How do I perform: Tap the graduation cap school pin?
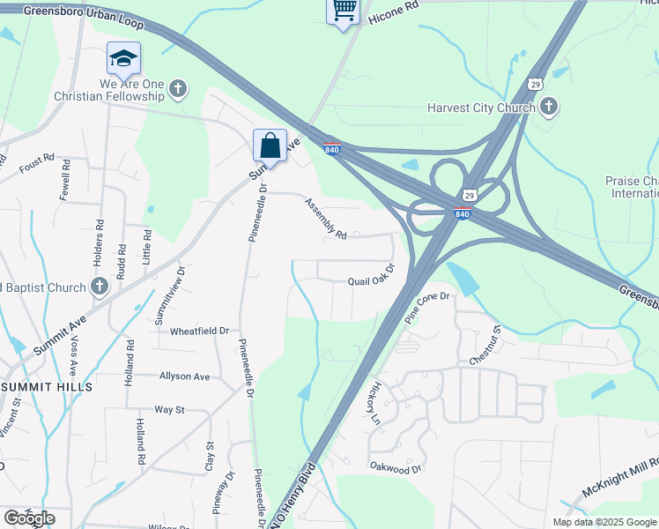(123, 58)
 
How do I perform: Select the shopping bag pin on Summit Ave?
(270, 146)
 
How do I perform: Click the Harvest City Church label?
(480, 108)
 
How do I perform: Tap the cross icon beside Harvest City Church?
(548, 108)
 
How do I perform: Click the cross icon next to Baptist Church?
(100, 287)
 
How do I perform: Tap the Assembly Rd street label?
(326, 219)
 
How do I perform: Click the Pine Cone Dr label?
(427, 309)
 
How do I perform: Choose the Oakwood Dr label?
(396, 468)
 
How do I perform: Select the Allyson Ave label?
(184, 376)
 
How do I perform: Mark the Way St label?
(169, 410)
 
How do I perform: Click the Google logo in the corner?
(28, 518)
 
